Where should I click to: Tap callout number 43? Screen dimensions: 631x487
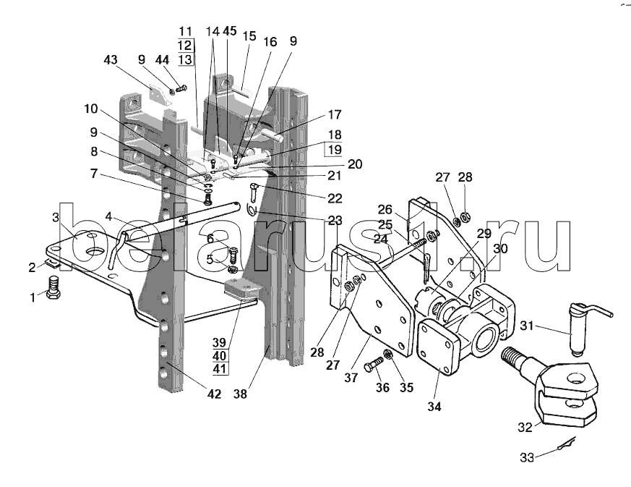[111, 59]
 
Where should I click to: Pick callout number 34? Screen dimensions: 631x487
[434, 407]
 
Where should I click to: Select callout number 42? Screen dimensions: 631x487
[214, 394]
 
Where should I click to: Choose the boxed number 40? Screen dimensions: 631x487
[220, 356]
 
